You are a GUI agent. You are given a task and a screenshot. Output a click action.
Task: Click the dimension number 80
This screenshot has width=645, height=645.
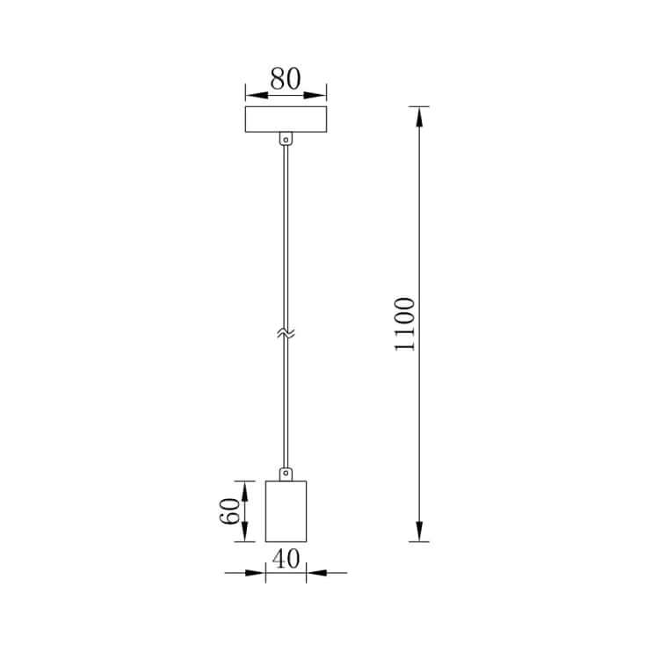pyautogui.click(x=285, y=79)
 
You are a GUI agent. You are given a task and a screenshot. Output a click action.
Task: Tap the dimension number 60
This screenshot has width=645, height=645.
pyautogui.click(x=230, y=511)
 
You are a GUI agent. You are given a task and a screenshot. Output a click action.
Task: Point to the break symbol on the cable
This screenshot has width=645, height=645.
pyautogui.click(x=286, y=334)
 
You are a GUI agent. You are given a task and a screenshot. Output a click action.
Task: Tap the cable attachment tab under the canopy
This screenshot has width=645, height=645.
pyautogui.click(x=286, y=138)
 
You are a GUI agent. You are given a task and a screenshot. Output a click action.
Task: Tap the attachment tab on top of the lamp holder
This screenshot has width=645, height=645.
pyautogui.click(x=286, y=474)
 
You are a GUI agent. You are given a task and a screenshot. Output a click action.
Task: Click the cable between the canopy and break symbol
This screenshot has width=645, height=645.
pyautogui.click(x=286, y=237)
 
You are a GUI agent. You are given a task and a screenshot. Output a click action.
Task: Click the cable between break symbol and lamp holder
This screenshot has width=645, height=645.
pyautogui.click(x=286, y=404)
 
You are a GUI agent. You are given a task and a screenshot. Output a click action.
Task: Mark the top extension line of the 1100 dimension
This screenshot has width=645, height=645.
pyautogui.click(x=418, y=106)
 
